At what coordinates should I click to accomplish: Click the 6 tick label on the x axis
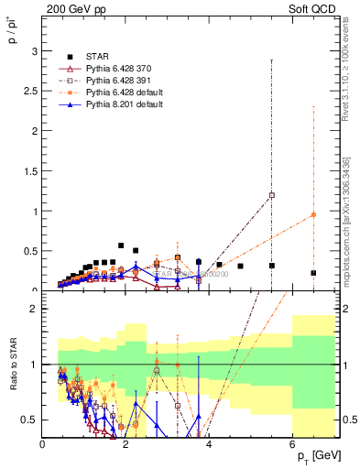(x=292, y=446)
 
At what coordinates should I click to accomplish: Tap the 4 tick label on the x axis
(x=209, y=446)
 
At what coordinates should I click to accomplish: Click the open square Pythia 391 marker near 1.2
(x=271, y=195)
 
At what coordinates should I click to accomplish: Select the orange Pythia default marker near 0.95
(x=313, y=215)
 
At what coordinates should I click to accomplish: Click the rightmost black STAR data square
(x=313, y=273)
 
